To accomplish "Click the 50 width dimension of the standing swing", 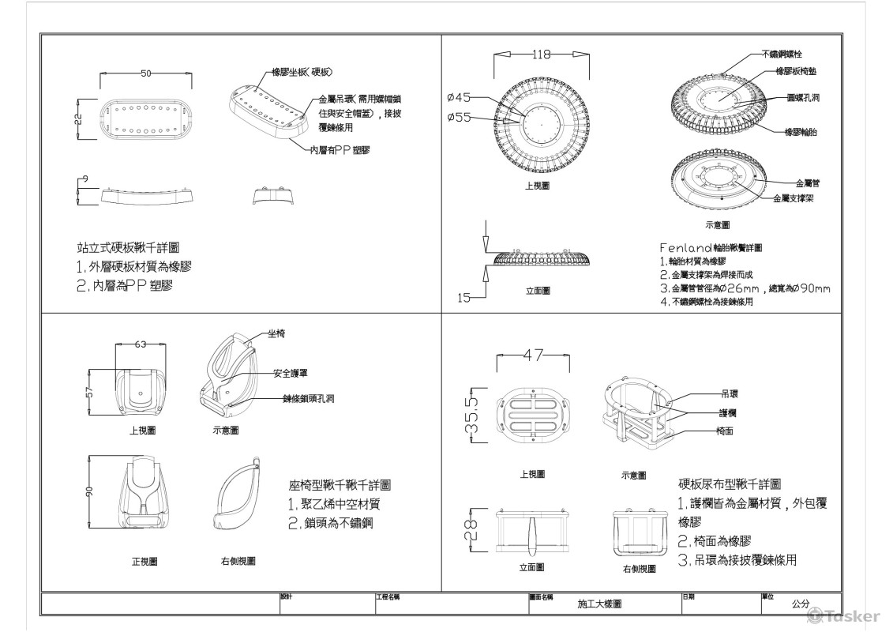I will tap(146, 73).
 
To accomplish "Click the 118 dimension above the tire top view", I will tap(540, 55).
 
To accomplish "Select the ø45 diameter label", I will tap(459, 98).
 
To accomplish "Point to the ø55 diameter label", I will tap(459, 117).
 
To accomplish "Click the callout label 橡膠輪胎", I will tap(800, 132).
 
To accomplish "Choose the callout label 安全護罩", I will tap(292, 373).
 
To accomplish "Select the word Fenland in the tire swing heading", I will tap(685, 247).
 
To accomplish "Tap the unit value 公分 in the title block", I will tap(801, 604).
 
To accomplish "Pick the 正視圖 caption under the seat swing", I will tap(144, 562).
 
